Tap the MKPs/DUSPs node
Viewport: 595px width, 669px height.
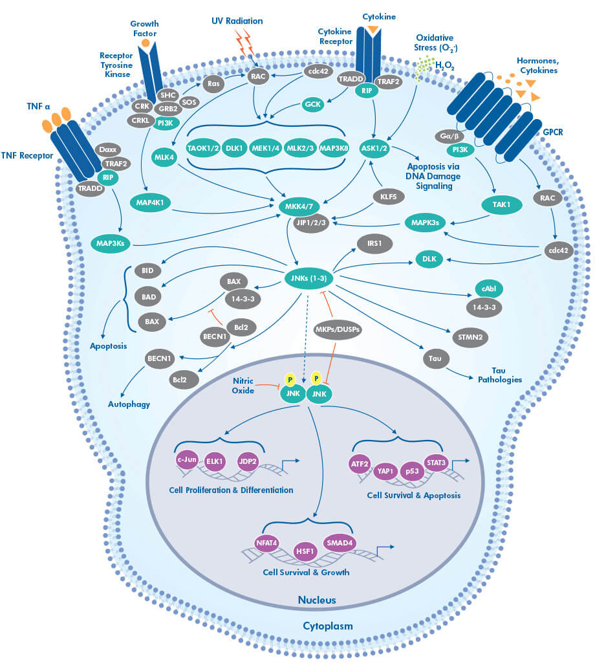(x=338, y=329)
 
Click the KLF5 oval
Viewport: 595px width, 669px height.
(x=384, y=196)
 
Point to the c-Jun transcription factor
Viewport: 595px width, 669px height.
(x=186, y=460)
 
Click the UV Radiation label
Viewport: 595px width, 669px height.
(x=237, y=21)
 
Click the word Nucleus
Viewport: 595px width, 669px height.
(x=316, y=600)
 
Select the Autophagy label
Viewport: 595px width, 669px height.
(x=129, y=404)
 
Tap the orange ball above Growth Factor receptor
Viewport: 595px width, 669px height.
(x=146, y=43)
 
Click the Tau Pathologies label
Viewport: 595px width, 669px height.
(x=499, y=375)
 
